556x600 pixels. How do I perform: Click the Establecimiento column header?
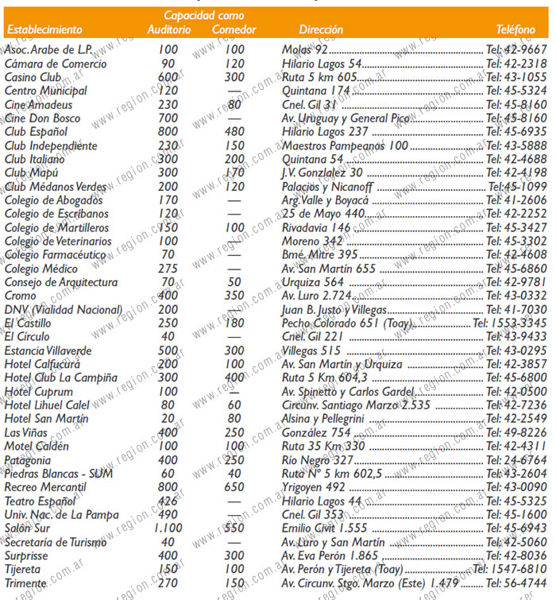[44, 30]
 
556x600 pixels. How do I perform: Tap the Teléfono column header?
[515, 30]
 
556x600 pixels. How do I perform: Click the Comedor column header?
[234, 30]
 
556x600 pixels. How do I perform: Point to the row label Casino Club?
[33, 77]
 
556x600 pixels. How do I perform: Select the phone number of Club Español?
[516, 132]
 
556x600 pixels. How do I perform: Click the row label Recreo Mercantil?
[45, 487]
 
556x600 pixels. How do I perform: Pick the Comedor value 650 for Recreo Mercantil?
[234, 487]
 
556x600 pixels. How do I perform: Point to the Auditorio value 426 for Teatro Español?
[168, 501]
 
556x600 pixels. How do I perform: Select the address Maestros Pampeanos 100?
[345, 146]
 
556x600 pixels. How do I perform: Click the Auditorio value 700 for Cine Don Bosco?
[168, 118]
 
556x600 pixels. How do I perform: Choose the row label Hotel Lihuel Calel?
[48, 405]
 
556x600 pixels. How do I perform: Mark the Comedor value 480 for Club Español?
[234, 132]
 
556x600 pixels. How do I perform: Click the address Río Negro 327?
[318, 460]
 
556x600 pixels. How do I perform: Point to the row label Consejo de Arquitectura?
[61, 282]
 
